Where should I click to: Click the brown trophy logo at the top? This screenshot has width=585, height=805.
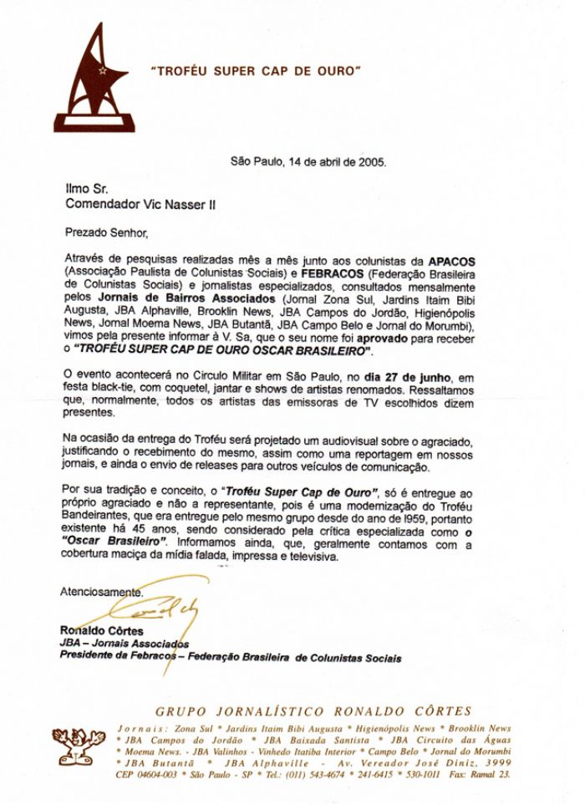pos(94,80)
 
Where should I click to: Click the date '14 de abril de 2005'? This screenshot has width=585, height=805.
pos(334,162)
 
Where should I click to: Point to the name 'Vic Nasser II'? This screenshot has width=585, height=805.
pos(180,203)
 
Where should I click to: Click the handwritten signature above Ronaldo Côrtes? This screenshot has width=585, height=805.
pos(164,617)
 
